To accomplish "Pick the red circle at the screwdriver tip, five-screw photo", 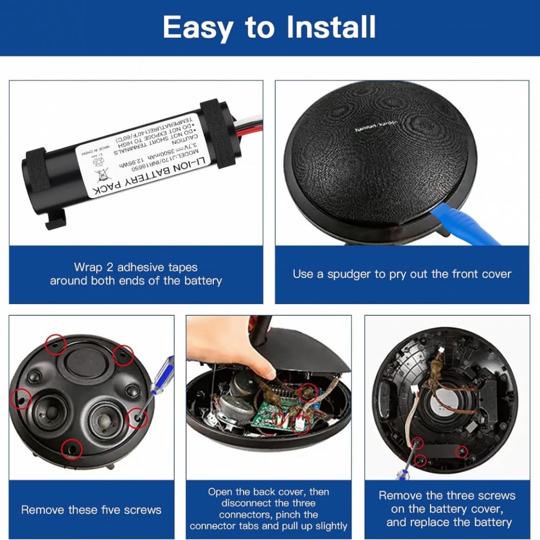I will pyautogui.click(x=137, y=418).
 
